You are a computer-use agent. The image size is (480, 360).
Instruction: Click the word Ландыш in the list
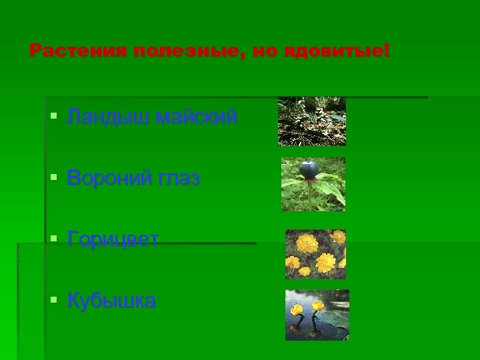108,118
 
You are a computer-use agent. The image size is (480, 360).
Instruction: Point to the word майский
196,118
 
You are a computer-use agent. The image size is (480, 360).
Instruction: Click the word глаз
181,179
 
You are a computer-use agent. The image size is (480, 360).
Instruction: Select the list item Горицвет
113,239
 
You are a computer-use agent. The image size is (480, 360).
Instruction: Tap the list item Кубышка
111,301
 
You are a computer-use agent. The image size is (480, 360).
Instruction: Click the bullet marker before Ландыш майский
54,117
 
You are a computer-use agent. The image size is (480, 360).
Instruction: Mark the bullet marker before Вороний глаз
54,178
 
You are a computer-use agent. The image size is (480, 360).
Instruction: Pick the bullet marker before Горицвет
54,239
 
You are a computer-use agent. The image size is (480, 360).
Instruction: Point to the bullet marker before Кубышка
54,300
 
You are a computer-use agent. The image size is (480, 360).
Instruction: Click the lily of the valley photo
311,121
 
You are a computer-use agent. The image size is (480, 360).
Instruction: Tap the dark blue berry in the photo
308,170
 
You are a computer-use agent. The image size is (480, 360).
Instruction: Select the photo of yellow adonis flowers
315,253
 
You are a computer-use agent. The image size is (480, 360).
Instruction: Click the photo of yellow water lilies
317,315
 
